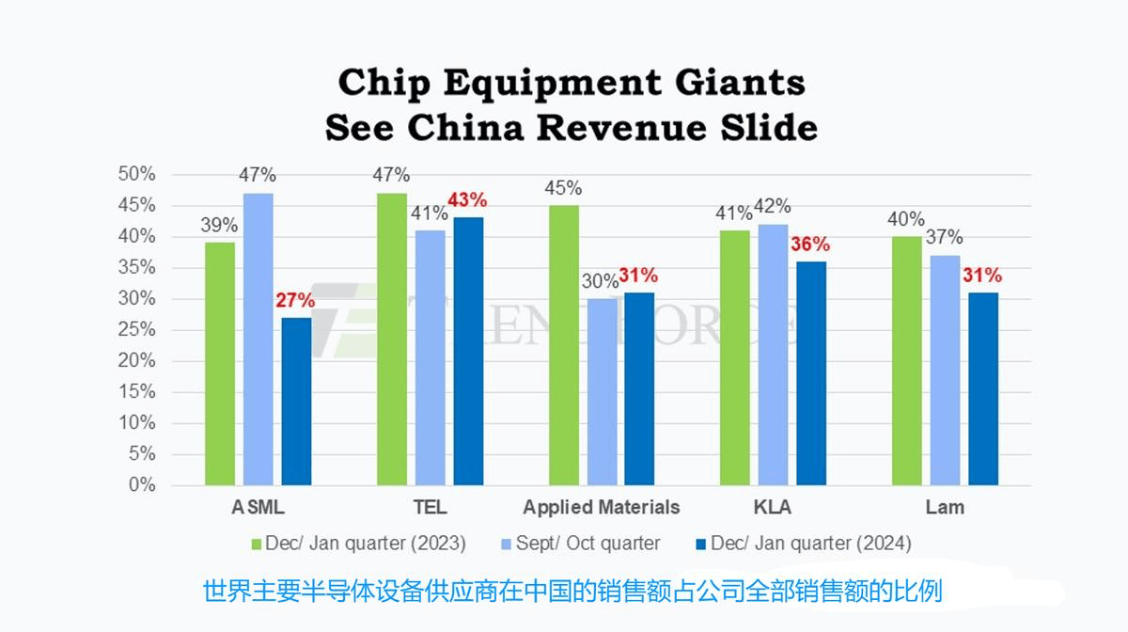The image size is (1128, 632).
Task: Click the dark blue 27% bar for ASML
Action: (x=296, y=401)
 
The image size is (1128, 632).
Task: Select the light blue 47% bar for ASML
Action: (x=258, y=339)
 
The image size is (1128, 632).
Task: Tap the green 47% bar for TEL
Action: (x=391, y=339)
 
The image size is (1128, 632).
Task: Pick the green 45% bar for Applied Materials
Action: (x=563, y=345)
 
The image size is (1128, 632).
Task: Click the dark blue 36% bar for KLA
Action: (x=810, y=373)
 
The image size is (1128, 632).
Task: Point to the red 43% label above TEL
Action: (x=468, y=199)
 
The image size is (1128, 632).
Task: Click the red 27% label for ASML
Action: (x=295, y=300)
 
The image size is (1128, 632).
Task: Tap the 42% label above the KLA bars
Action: (x=773, y=206)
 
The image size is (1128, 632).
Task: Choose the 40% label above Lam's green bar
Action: (x=905, y=219)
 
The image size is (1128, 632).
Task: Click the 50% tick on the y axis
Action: (x=135, y=175)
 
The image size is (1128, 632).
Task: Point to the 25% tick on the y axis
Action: (x=135, y=330)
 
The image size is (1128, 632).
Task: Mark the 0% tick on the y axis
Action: (x=141, y=485)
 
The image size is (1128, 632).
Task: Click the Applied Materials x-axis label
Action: (x=602, y=508)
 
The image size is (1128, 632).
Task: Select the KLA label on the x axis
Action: (x=773, y=508)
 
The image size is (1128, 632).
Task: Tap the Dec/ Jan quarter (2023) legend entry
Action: (x=357, y=544)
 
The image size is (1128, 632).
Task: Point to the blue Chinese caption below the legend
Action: (x=572, y=592)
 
